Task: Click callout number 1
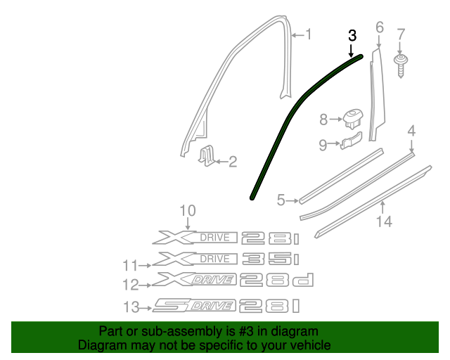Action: coord(307,34)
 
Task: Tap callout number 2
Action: coord(232,162)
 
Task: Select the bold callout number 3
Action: coord(352,35)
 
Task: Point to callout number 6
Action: coord(380,27)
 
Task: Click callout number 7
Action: coord(401,34)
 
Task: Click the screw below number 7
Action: coord(401,65)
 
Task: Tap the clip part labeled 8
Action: coord(353,119)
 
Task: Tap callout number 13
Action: coord(129,306)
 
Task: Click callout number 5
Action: coord(281,200)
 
